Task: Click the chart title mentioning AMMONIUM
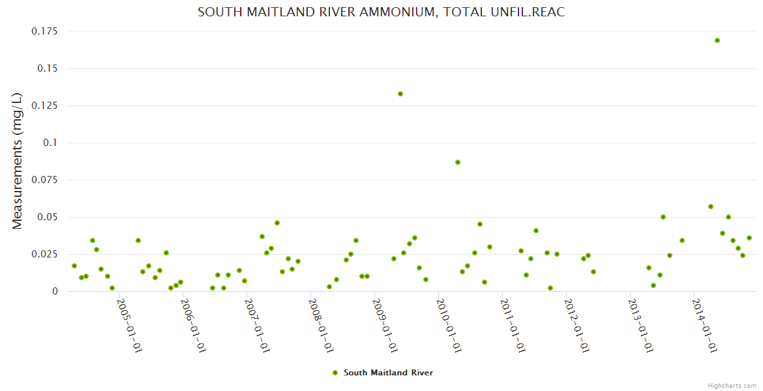[381, 12]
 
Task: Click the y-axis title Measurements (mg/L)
[18, 161]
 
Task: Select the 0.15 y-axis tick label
[48, 68]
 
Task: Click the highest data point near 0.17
[717, 40]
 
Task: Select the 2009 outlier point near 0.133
[400, 94]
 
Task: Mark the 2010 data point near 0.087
[458, 162]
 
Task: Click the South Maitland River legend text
[388, 373]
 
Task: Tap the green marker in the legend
[335, 373]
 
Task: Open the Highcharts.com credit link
[732, 385]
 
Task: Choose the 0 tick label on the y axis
[55, 291]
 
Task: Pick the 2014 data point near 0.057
[711, 207]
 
